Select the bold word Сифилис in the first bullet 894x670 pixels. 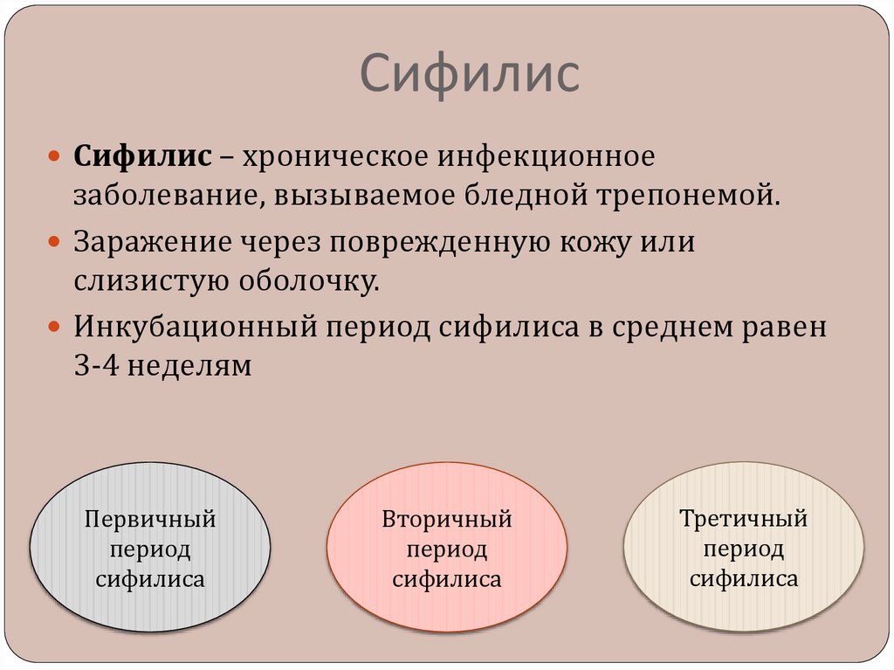tap(141, 158)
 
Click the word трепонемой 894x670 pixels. tap(686, 195)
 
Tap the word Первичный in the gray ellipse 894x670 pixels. tap(149, 521)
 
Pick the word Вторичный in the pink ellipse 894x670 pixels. tap(446, 521)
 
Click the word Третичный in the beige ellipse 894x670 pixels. tap(743, 519)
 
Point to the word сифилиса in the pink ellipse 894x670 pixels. tap(446, 579)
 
